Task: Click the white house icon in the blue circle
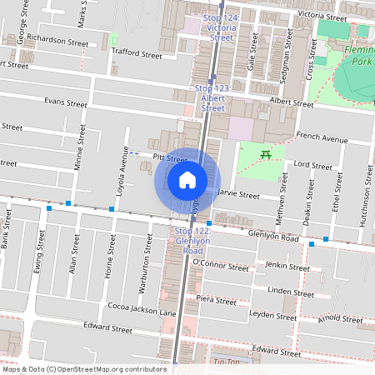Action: coord(187,179)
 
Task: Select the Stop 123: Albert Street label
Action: coord(212,97)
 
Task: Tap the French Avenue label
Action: coord(322,138)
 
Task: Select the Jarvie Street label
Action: coord(238,193)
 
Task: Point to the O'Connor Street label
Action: coord(220,266)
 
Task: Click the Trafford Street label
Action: coord(136,52)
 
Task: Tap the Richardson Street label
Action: coord(57,39)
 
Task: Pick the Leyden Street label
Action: coord(273,317)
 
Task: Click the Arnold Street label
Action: coord(340,317)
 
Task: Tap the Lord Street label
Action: coord(314,166)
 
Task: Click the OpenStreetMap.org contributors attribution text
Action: coord(109,368)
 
